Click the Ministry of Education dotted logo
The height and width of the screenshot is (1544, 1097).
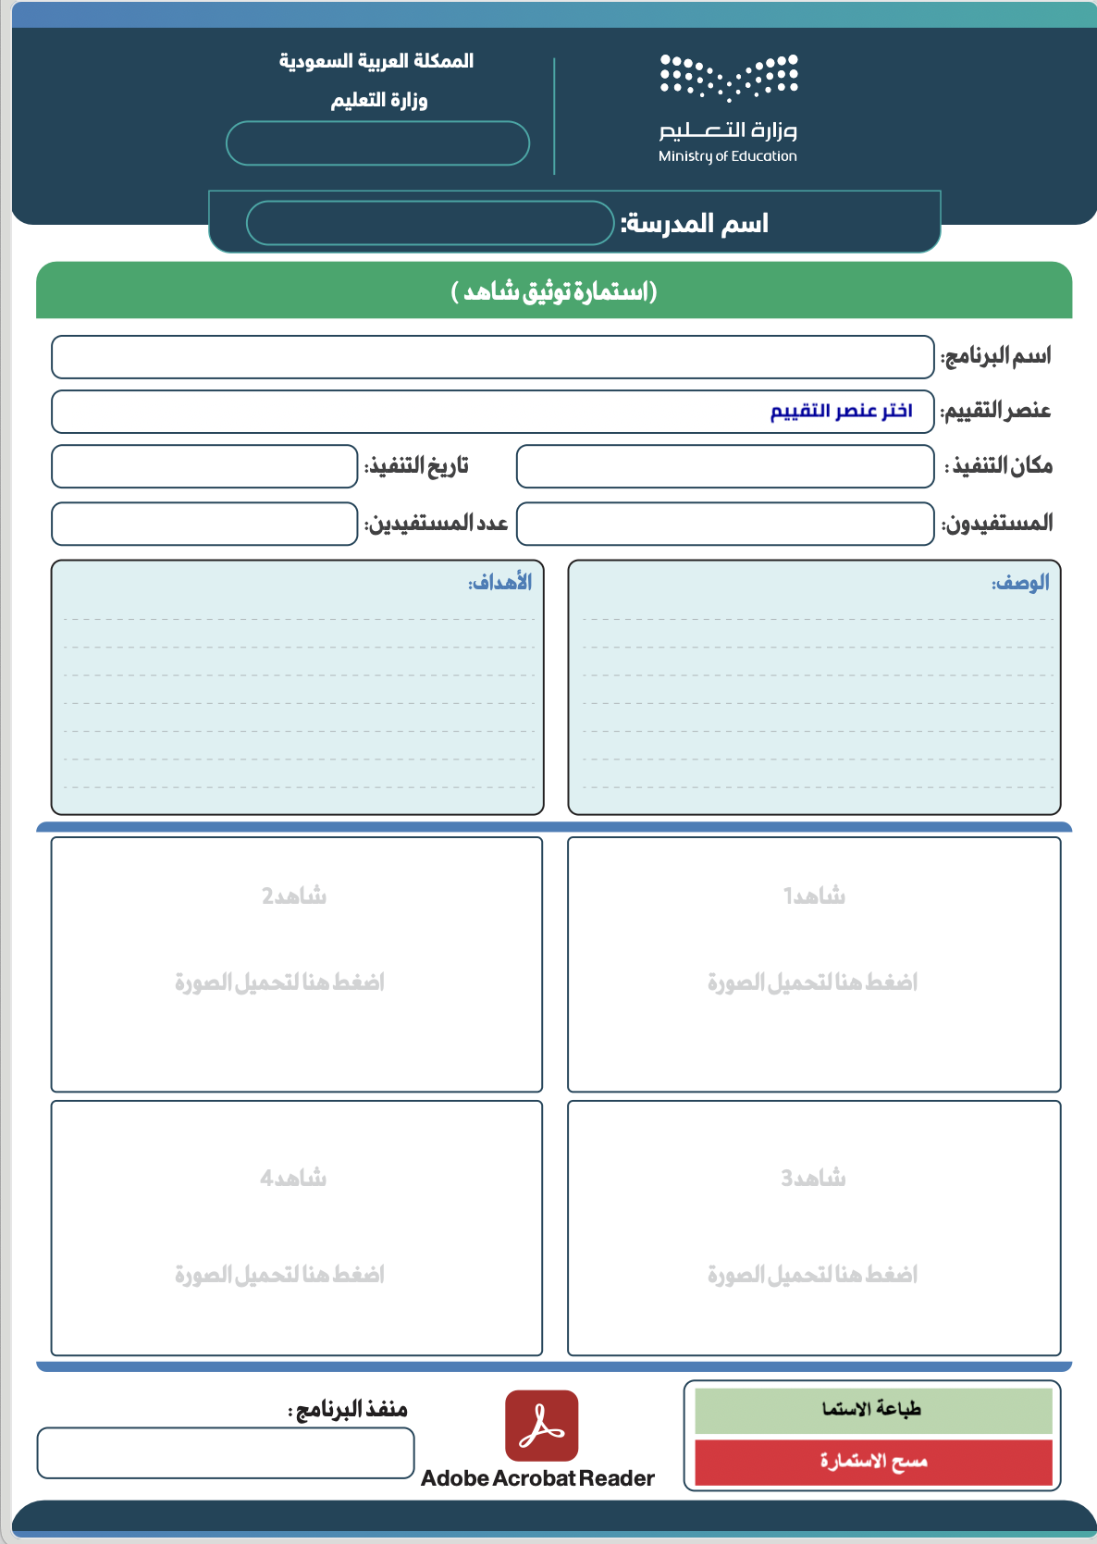[729, 77]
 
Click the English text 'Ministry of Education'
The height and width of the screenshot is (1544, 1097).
[727, 156]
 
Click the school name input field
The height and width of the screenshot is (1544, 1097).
[430, 223]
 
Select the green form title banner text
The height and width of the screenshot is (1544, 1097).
[554, 291]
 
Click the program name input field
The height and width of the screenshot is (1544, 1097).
[492, 357]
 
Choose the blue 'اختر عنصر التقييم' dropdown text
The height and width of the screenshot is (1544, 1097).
[841, 411]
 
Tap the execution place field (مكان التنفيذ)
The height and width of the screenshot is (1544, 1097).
[724, 466]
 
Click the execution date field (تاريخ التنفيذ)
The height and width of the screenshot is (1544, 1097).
[204, 466]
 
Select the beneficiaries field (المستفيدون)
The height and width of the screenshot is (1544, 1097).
[724, 524]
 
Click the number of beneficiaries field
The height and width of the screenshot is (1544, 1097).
[204, 524]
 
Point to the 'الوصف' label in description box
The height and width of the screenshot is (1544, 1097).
[1020, 583]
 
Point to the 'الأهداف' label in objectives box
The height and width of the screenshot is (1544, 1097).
[500, 583]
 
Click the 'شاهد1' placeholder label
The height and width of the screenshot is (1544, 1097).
[814, 896]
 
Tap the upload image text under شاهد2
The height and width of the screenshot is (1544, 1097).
[279, 982]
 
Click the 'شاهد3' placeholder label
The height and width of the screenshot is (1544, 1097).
[813, 1178]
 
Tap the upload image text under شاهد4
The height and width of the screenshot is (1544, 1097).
[279, 1274]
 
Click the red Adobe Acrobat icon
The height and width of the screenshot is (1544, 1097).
[542, 1426]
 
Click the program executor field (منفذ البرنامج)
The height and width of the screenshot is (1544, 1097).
[225, 1453]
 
